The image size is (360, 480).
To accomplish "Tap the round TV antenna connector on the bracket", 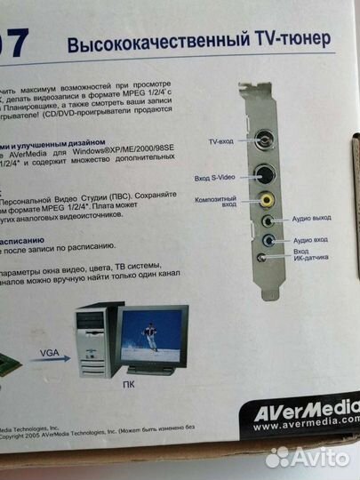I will pos(265,140).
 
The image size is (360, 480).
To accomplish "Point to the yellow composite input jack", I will pos(267,203).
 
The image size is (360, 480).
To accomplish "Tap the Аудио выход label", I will pos(316,217).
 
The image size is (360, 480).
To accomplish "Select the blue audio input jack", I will pos(269,240).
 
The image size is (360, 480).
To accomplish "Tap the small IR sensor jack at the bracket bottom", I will pos(261,258).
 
